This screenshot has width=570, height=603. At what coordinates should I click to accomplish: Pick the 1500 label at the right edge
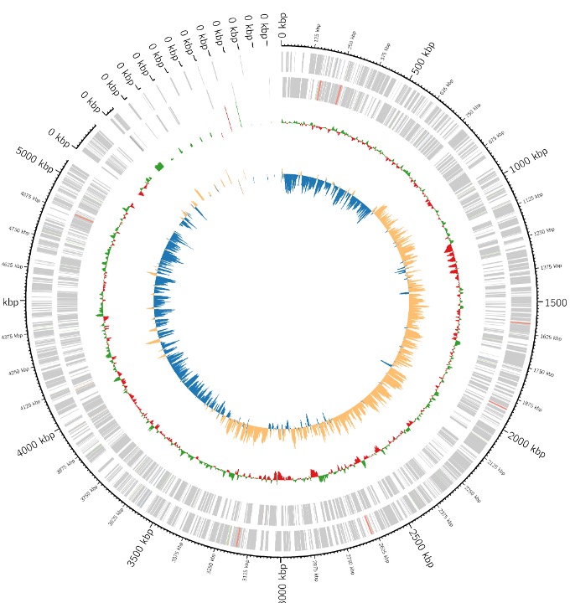(x=556, y=301)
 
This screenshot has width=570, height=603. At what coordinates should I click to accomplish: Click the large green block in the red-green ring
(x=158, y=166)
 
